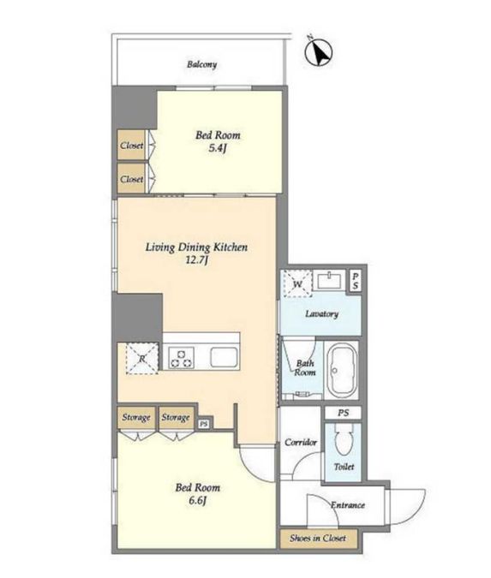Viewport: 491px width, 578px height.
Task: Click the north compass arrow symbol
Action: click(319, 52)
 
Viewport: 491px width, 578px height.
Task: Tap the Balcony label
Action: click(201, 64)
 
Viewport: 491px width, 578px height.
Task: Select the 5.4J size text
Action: click(218, 148)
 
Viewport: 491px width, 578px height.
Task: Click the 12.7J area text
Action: click(197, 260)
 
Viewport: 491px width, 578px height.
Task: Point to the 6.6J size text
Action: click(197, 501)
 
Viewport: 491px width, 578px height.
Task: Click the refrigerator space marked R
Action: click(142, 358)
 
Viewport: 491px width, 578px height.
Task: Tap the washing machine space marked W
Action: click(297, 283)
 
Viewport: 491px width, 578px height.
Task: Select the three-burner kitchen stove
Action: click(181, 358)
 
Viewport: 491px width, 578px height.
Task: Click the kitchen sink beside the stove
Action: click(224, 357)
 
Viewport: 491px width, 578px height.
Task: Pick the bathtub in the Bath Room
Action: click(343, 371)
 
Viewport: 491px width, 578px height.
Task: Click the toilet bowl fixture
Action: click(344, 439)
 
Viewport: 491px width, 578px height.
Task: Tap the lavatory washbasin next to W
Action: click(329, 281)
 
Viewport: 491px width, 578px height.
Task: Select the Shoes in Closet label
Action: click(318, 539)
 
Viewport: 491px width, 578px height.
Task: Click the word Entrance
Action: click(348, 504)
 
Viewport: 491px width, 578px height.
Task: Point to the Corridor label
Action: click(301, 442)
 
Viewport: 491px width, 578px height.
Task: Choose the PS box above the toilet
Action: click(343, 413)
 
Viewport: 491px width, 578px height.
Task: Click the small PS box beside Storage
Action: click(204, 424)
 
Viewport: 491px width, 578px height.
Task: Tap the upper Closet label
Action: click(132, 146)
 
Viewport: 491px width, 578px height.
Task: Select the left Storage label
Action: click(136, 417)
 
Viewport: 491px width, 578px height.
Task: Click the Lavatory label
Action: click(321, 313)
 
